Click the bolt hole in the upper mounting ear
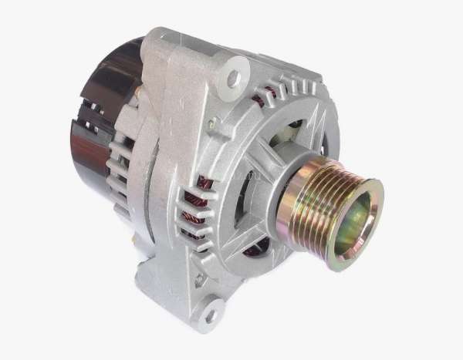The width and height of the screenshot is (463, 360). [x=232, y=78]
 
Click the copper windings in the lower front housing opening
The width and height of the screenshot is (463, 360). [x=259, y=247]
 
